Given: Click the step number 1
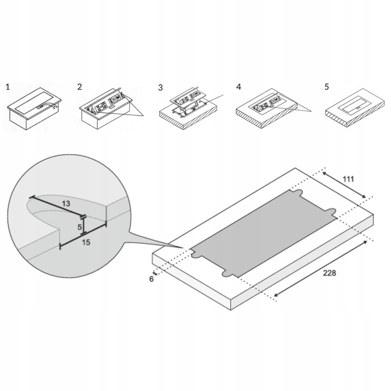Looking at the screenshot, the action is (8, 87).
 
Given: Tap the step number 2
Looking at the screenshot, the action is (79, 87).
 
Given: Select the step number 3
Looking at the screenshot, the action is (160, 88).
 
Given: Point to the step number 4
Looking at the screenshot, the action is (238, 87).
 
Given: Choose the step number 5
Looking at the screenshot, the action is (327, 87).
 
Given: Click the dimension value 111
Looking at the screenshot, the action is (348, 179).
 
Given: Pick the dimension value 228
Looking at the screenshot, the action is (330, 273).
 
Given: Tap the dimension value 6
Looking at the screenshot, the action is (152, 279).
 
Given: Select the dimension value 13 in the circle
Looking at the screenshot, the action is (66, 204).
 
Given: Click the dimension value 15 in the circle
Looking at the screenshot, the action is (86, 242).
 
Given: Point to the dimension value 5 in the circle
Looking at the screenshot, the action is (79, 227).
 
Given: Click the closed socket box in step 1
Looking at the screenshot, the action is (34, 109).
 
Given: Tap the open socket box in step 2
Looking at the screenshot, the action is (106, 109).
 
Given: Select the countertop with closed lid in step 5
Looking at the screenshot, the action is (355, 108).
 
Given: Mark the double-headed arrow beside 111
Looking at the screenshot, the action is (344, 185).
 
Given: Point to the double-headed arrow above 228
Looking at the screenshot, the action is (321, 268).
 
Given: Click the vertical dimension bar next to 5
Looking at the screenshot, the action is (84, 225).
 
